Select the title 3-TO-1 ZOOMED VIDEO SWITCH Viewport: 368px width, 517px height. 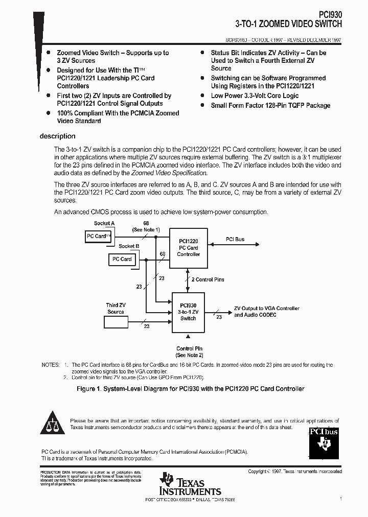click(x=288, y=24)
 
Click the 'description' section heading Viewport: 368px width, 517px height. click(x=57, y=136)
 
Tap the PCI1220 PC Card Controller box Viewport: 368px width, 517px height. click(x=188, y=247)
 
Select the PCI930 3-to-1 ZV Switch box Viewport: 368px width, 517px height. click(x=188, y=312)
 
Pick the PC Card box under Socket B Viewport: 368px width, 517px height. click(x=122, y=260)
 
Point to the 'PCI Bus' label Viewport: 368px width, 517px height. click(x=235, y=239)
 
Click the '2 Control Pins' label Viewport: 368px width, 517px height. click(x=208, y=279)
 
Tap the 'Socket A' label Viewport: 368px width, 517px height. click(x=104, y=223)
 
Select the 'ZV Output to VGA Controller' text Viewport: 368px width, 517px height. click(x=266, y=309)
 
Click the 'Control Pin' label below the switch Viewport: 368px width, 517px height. click(x=189, y=348)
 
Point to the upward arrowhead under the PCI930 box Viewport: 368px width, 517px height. click(x=189, y=336)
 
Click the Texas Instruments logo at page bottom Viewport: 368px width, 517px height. click(x=190, y=484)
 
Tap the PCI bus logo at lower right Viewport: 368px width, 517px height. click(x=324, y=440)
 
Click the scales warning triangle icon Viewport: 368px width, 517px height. click(x=53, y=421)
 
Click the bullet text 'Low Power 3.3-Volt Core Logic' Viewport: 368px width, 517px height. click(x=255, y=96)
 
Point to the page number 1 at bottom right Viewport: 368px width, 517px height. click(x=340, y=498)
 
